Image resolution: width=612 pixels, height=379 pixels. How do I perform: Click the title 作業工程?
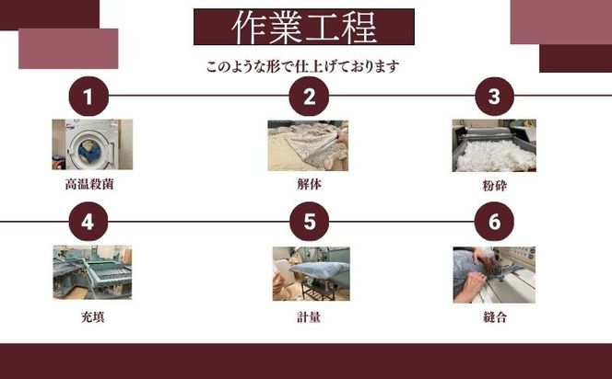[x=303, y=28]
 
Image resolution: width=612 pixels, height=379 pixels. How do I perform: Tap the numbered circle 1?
[x=88, y=96]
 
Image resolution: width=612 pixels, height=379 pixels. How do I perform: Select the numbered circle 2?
[x=310, y=96]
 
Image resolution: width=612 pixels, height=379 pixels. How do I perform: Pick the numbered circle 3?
[x=494, y=96]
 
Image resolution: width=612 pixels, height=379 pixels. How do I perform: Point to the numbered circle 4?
[x=88, y=221]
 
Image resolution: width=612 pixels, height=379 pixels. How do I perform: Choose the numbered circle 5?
[x=310, y=221]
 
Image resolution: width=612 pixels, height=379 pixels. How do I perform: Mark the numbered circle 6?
[x=494, y=221]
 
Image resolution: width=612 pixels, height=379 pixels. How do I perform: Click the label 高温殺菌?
[x=89, y=184]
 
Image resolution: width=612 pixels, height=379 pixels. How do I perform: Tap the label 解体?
[x=309, y=184]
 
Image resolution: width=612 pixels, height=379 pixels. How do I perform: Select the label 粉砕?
[x=494, y=185]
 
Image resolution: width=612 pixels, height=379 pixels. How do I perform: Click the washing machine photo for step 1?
[x=91, y=144]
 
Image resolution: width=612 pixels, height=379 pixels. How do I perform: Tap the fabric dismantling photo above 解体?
[x=308, y=144]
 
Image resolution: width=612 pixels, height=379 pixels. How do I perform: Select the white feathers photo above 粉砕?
[x=494, y=145]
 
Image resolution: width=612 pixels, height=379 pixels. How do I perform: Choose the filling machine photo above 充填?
[x=91, y=273]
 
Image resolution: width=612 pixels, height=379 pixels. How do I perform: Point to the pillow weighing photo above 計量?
[x=311, y=273]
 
